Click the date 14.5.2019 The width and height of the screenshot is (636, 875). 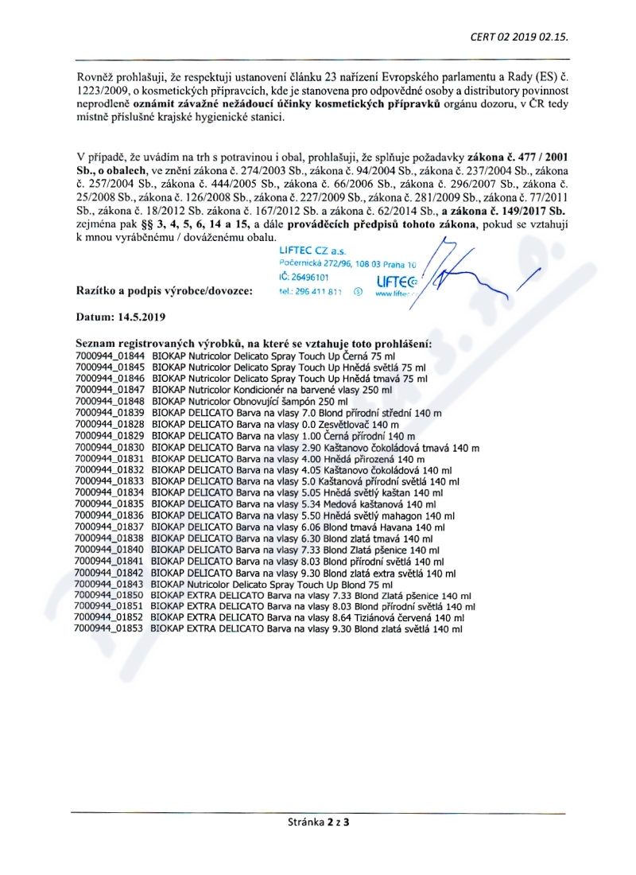pos(142,316)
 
